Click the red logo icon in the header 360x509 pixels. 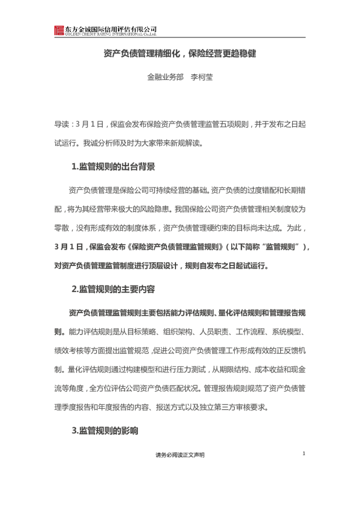click(59, 30)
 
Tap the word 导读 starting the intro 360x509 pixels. click(62, 125)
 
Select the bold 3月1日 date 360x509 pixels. click(68, 247)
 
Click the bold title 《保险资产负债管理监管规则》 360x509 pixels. click(175, 247)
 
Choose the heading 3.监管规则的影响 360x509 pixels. click(105, 431)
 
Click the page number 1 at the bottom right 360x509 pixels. click(304, 454)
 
